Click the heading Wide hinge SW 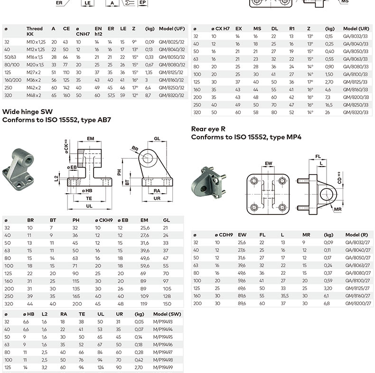(28, 112)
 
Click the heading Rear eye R (209, 129)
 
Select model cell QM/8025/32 (171, 42)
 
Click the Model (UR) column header (356, 28)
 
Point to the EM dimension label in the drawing (90, 139)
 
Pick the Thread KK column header (34, 31)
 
